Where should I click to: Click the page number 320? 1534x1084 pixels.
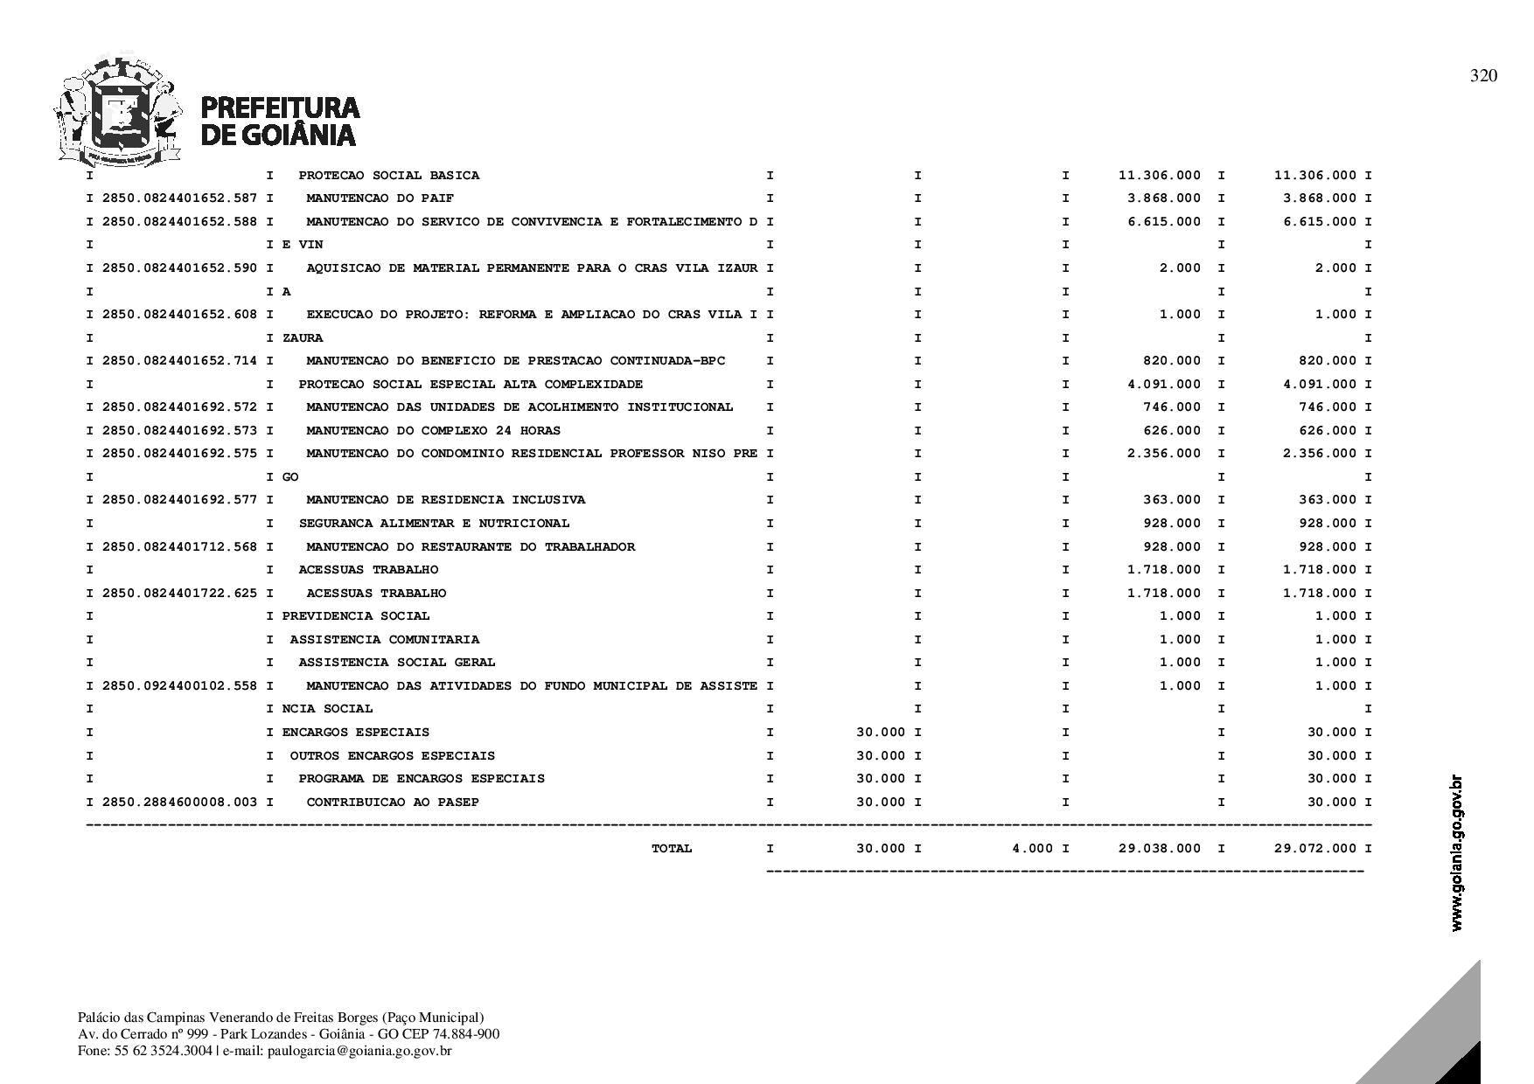click(x=1483, y=76)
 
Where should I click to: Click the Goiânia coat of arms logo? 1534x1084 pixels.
click(x=118, y=112)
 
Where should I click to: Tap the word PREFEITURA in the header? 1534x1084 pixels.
click(x=281, y=108)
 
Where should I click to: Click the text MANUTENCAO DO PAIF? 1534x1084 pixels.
click(x=380, y=198)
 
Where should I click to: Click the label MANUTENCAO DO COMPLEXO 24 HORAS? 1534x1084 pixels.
click(x=433, y=431)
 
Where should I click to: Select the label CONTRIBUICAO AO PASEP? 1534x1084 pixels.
click(x=393, y=803)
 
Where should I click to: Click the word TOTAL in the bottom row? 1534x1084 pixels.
click(x=672, y=849)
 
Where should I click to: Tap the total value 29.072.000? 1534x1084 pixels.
click(x=1315, y=849)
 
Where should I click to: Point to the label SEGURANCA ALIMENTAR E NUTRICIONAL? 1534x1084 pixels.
click(x=434, y=524)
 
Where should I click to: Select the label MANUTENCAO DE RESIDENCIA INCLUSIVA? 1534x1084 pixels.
click(x=445, y=500)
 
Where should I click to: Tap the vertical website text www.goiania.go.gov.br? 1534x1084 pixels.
click(x=1456, y=852)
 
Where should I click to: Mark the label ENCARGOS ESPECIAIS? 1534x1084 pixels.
click(x=355, y=733)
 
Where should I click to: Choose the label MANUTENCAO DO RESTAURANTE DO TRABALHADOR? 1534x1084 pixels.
click(x=471, y=547)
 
